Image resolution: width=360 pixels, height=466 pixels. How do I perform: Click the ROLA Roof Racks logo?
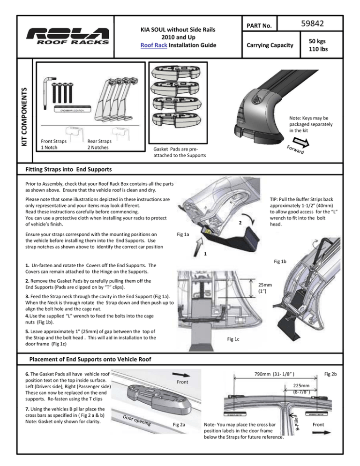[68, 36]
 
